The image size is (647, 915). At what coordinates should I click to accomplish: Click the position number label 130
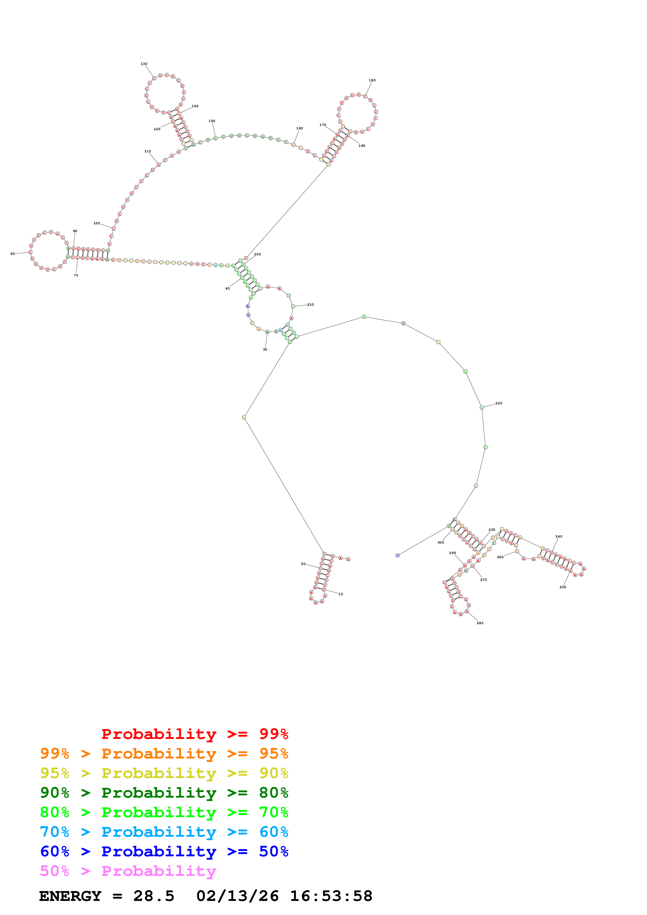[x=144, y=64]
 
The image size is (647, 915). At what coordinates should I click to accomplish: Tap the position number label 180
[x=372, y=80]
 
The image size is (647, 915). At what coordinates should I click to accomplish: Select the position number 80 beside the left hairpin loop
[x=13, y=254]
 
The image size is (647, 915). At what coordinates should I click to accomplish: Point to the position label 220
[x=499, y=403]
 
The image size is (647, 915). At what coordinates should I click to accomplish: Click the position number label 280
[x=480, y=623]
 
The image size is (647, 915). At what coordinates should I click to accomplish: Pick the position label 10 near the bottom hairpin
[x=341, y=594]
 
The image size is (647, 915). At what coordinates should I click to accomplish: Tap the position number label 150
[x=212, y=121]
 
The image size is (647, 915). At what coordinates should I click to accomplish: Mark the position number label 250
[x=562, y=587]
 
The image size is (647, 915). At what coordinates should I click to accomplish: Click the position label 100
[x=97, y=223]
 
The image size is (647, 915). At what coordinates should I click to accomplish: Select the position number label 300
[x=441, y=542]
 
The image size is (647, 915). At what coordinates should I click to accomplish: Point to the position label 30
[x=265, y=350]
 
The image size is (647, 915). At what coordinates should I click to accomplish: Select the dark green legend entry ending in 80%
[x=164, y=793]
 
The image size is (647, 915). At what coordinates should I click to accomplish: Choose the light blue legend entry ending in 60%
[x=164, y=832]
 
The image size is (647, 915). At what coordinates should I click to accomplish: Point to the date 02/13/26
[x=237, y=896]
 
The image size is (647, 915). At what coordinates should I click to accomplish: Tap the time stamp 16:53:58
[x=331, y=896]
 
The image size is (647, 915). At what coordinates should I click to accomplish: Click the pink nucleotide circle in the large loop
[x=476, y=486]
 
